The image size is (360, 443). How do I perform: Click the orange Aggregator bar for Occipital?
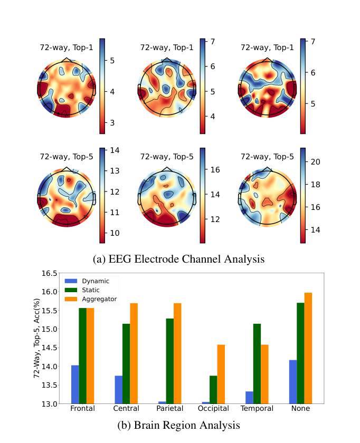(221, 374)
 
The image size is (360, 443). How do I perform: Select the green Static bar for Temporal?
(257, 363)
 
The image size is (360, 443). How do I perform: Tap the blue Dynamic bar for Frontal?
(75, 384)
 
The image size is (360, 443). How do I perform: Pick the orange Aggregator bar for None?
(308, 348)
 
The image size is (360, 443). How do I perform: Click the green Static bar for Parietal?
(169, 361)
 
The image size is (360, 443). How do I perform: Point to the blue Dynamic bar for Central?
(118, 390)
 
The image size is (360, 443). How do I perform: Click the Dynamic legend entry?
(87, 281)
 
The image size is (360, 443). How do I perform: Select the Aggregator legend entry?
(90, 299)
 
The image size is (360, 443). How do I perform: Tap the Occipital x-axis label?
(213, 409)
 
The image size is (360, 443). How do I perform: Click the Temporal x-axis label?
(257, 409)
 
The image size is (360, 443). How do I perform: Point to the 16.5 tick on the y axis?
(49, 273)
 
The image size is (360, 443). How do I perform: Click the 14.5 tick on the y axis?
(49, 348)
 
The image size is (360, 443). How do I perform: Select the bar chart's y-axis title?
(36, 338)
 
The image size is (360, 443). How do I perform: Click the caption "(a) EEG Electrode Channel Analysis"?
(179, 259)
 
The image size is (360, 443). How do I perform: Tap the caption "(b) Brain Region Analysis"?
(179, 425)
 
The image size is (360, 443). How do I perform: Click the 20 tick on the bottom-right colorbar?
(315, 162)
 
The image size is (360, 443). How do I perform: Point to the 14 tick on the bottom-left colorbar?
(115, 150)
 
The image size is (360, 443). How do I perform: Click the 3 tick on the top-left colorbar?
(112, 123)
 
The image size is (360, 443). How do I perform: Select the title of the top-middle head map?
(167, 47)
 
